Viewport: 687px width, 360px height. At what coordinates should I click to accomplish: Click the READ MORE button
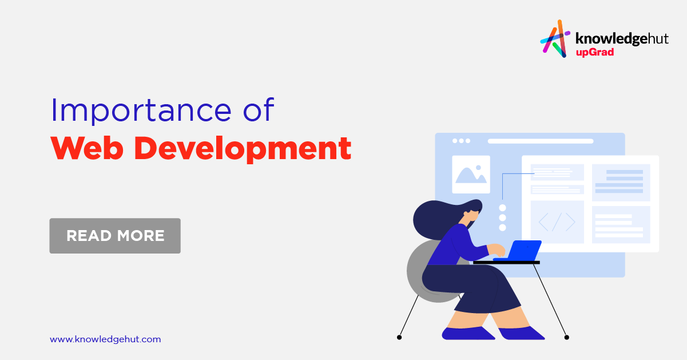click(115, 235)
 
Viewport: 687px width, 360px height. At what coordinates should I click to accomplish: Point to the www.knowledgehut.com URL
click(105, 339)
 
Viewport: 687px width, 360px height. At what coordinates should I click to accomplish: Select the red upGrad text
click(594, 53)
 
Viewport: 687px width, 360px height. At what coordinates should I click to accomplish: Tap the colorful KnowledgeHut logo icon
click(555, 39)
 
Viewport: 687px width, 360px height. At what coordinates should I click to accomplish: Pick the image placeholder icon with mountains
click(471, 174)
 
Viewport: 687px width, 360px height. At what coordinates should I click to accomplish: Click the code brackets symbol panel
click(557, 221)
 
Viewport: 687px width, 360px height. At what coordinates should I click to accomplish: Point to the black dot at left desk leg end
click(399, 337)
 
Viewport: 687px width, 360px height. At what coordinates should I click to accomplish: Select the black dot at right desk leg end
click(566, 337)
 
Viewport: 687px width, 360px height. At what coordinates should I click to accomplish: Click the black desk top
click(506, 262)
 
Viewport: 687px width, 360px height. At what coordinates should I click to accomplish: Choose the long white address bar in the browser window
click(541, 141)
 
